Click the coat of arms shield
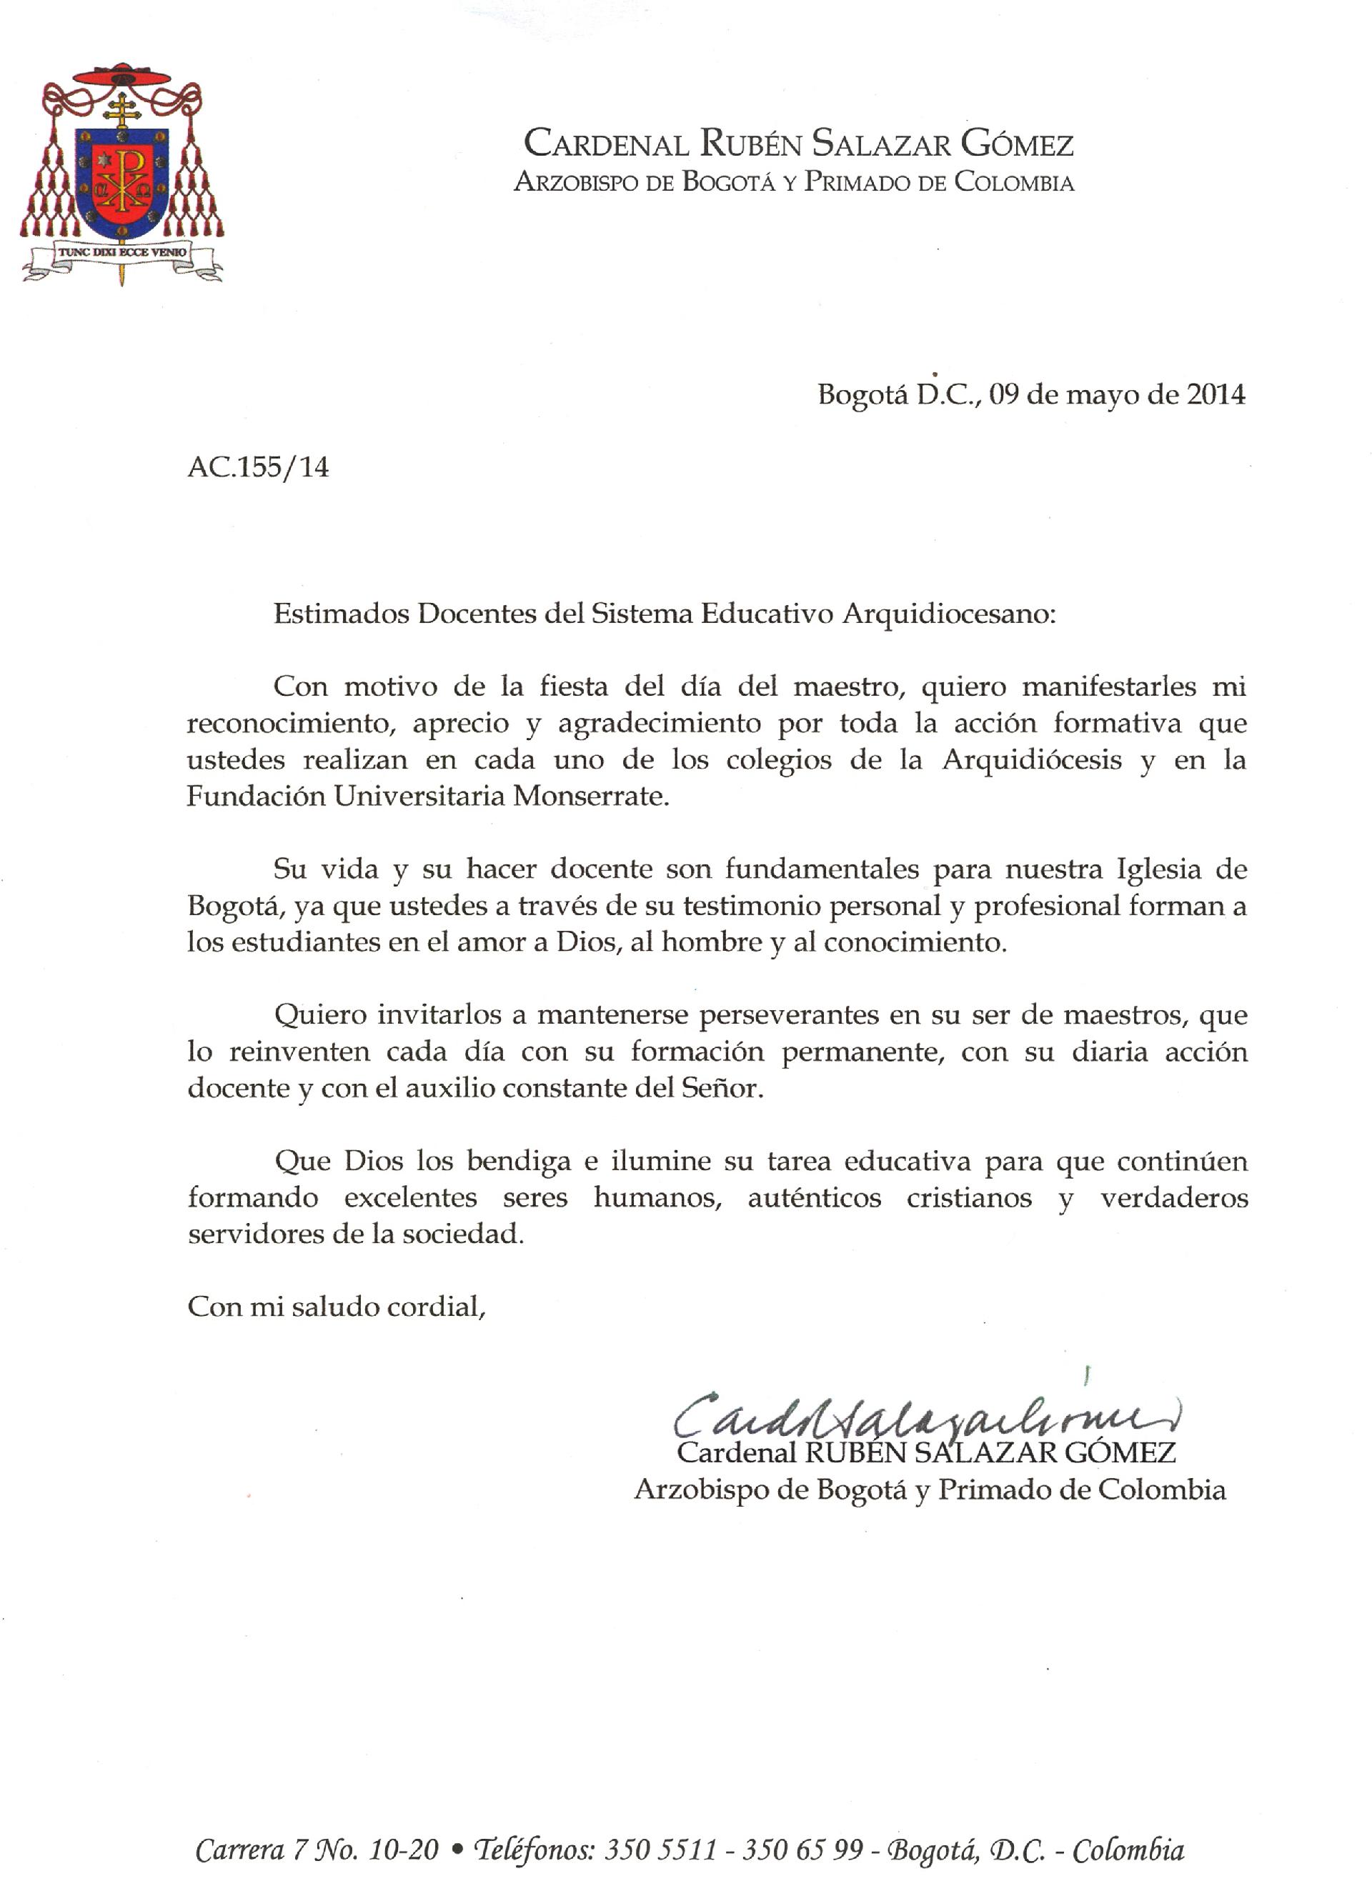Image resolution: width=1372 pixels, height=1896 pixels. (122, 181)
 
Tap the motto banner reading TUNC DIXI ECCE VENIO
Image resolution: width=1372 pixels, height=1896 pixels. (123, 251)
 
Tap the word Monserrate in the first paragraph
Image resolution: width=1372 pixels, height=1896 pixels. (590, 795)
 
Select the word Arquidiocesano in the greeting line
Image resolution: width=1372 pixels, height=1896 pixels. (948, 614)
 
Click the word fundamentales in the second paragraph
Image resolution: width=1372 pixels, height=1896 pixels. (822, 869)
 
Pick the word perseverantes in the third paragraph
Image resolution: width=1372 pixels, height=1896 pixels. (788, 1015)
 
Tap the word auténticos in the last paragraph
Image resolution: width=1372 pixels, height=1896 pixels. (815, 1197)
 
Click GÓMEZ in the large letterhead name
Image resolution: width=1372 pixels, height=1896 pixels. (1017, 144)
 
